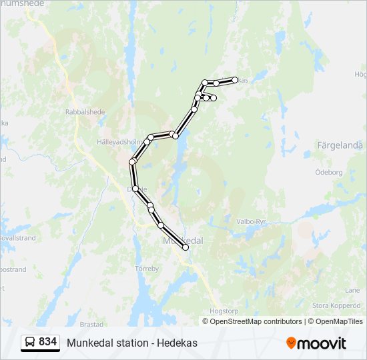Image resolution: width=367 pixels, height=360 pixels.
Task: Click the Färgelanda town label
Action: [340, 145]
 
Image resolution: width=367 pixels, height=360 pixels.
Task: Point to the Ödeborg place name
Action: [328, 171]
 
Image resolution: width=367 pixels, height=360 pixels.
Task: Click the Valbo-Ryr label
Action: [251, 221]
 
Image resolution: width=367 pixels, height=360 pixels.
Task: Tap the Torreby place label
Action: [147, 269]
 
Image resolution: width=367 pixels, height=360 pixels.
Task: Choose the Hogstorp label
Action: [205, 310]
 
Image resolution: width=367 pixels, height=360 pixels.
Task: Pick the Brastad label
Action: [92, 324]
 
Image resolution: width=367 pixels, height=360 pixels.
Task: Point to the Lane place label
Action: [352, 290]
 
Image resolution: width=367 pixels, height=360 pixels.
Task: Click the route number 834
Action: [47, 342]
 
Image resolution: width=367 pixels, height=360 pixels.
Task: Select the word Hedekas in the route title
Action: [178, 343]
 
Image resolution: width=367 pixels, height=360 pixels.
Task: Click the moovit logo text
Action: [322, 343]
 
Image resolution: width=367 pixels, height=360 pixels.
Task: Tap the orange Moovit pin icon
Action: [291, 343]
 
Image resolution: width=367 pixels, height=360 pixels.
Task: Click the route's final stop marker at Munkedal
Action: [186, 247]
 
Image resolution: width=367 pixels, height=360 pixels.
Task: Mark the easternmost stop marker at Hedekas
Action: [235, 80]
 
